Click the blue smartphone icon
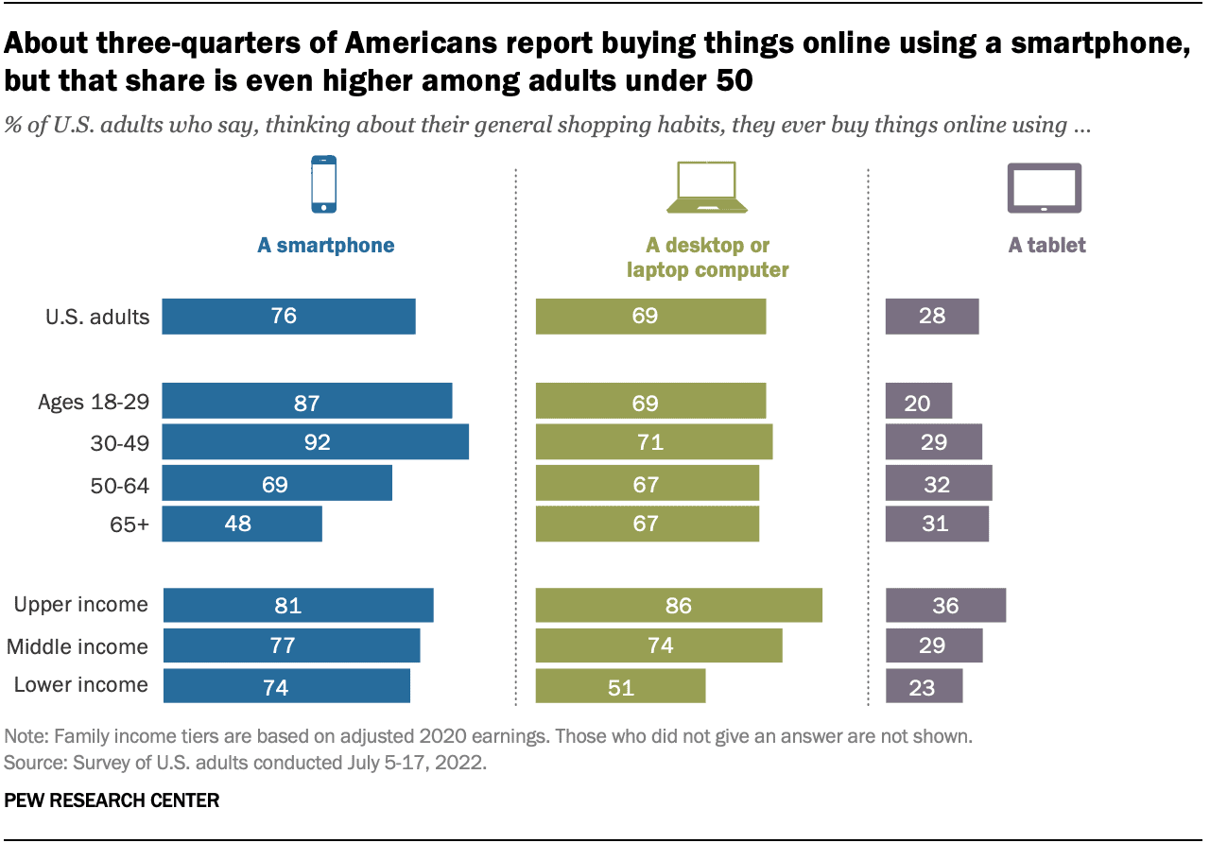pos(324,183)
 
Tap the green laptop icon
pos(706,186)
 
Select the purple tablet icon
pos(1044,187)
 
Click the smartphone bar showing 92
pos(316,442)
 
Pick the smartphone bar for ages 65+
pos(242,524)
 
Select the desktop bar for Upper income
pos(679,605)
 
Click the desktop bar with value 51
pos(620,686)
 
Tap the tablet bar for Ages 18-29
pos(918,402)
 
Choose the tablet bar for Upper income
pos(945,605)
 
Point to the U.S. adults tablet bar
pos(932,317)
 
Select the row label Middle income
pos(78,647)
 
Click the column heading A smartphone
pos(325,246)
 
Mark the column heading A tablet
pos(1046,246)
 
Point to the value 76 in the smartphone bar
pos(284,317)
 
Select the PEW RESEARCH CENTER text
pos(112,800)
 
